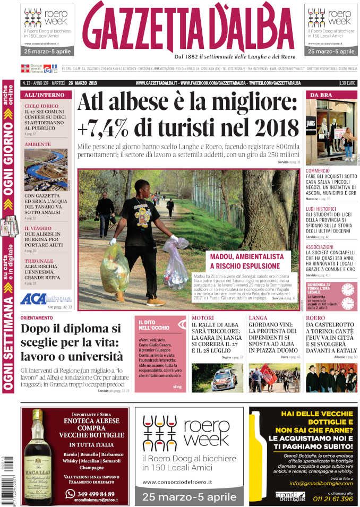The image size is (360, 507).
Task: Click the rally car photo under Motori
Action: (217, 377)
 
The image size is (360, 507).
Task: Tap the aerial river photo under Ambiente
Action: (46, 169)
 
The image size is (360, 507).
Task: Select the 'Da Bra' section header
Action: (321, 94)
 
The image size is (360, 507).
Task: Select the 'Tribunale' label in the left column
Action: (39, 261)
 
